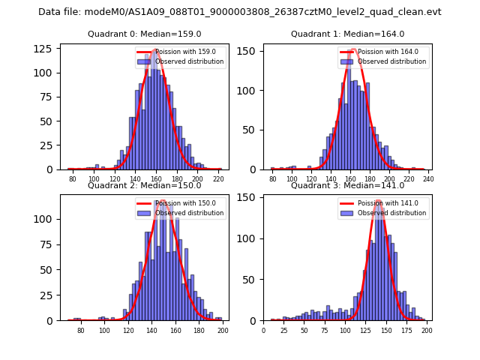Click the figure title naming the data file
coord(240,12)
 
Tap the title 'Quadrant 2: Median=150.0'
coord(144,185)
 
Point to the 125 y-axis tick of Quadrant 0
coord(46,49)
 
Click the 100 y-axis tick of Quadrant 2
coord(46,220)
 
